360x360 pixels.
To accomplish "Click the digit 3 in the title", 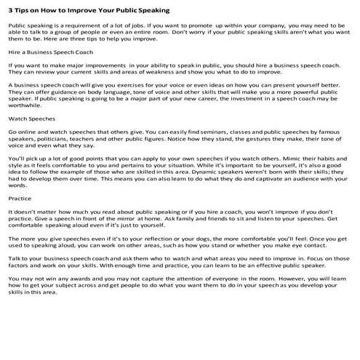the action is coord(9,11).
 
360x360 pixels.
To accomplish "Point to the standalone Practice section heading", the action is coord(20,198).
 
